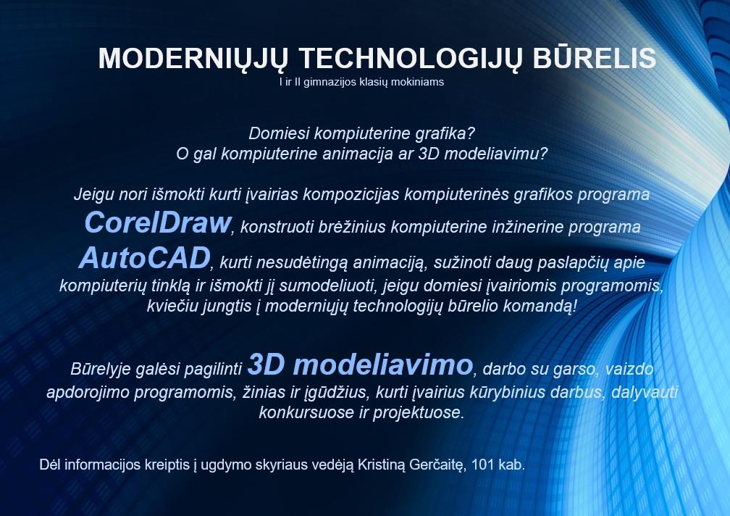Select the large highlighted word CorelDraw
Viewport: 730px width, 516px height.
pyautogui.click(x=158, y=222)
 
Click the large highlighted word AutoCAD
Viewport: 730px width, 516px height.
pyautogui.click(x=145, y=257)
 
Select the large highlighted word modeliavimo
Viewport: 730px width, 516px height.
pyautogui.click(x=382, y=365)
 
